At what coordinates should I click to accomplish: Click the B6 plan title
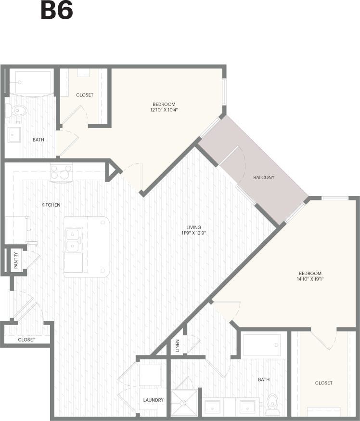[57, 11]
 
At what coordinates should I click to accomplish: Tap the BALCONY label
[264, 177]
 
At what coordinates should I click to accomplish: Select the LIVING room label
[194, 227]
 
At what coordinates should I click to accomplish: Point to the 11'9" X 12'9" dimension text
[194, 234]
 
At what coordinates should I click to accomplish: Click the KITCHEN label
[51, 205]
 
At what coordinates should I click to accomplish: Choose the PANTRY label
[16, 261]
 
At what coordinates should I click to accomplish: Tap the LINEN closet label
[177, 345]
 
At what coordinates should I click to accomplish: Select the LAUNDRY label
[153, 400]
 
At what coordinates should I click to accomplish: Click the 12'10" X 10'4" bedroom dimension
[164, 110]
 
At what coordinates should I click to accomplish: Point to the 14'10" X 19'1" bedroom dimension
[309, 279]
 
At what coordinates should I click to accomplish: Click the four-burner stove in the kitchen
[61, 172]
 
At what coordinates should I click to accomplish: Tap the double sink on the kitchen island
[73, 240]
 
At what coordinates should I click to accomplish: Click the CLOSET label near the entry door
[26, 340]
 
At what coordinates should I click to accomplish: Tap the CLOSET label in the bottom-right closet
[323, 383]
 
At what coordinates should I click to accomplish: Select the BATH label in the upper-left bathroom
[39, 140]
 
